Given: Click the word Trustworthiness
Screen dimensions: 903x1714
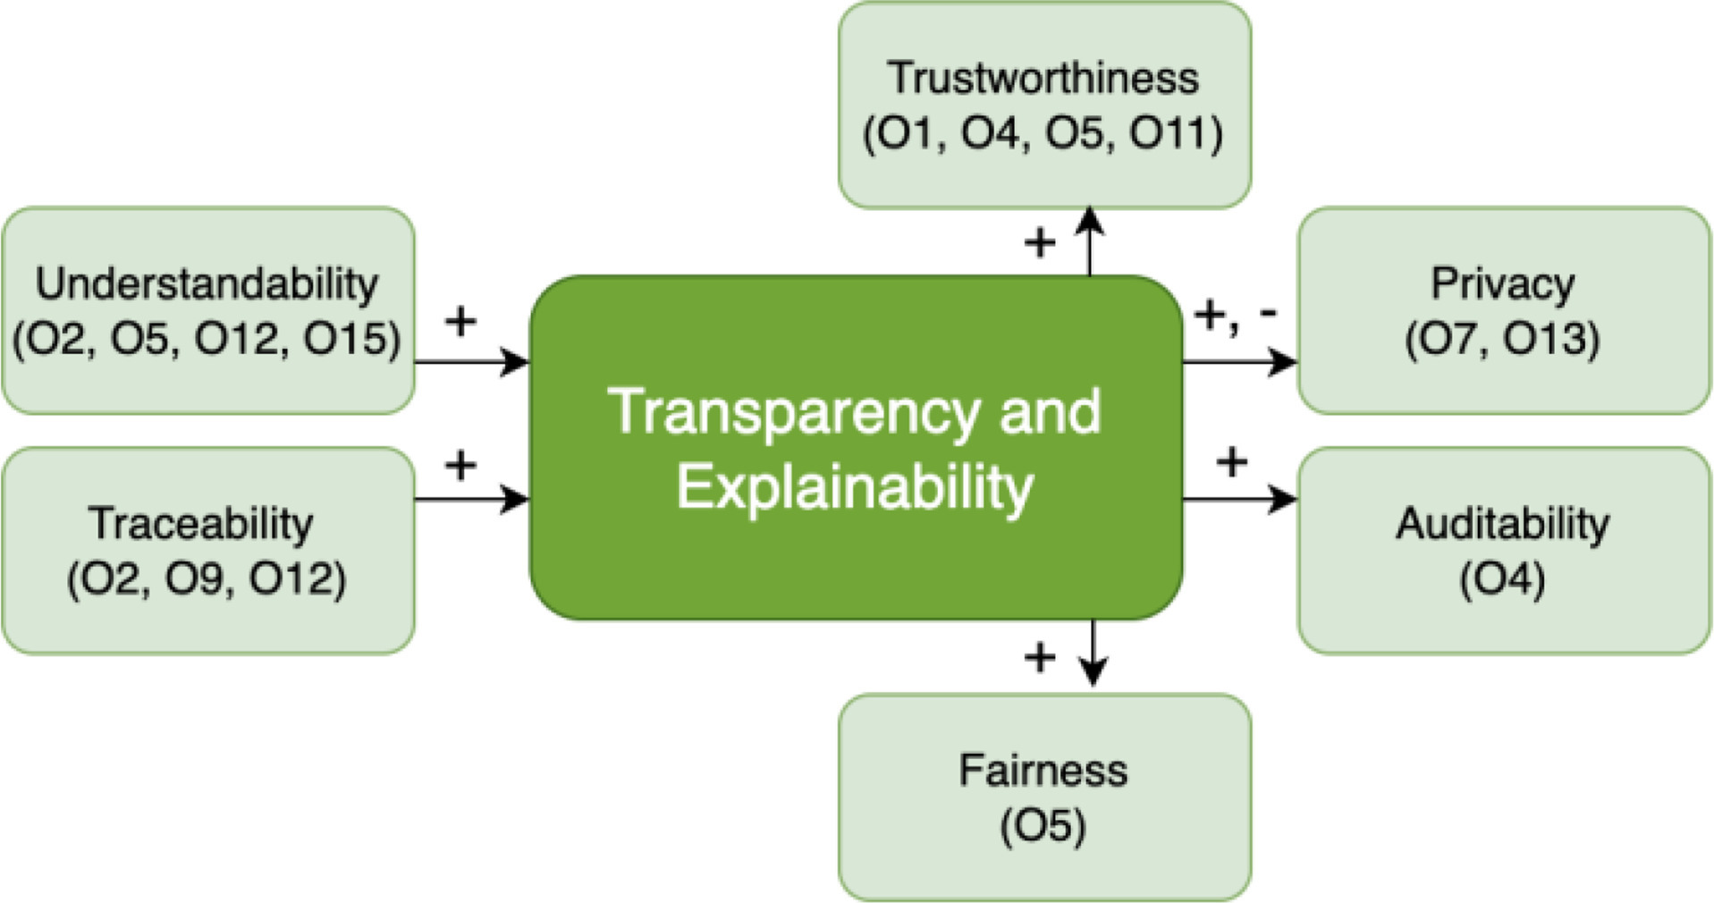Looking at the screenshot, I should pos(1043,78).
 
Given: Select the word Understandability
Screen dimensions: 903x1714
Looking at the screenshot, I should pos(207,284).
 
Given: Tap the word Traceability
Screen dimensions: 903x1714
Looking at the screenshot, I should pos(201,524).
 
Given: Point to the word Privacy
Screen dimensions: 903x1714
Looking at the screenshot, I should pos(1502,284).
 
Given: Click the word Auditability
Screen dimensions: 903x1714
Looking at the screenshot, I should pos(1502,524).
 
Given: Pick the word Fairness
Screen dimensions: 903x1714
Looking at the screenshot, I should pos(1043,771).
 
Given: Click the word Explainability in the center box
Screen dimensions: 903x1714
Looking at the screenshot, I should pos(855,487).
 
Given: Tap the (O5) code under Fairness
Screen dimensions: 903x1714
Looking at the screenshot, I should pos(1043,825).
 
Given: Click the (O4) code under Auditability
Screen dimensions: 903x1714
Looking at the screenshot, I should pos(1502,578).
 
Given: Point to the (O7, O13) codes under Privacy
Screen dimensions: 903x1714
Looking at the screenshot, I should pos(1502,339).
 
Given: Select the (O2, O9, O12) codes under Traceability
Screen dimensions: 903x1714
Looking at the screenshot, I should pos(207,578).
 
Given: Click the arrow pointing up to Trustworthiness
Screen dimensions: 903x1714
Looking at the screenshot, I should pos(1090,241).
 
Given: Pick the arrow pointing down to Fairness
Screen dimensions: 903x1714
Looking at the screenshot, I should pos(1093,653).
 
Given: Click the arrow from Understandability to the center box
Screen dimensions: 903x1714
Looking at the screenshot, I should pos(472,362).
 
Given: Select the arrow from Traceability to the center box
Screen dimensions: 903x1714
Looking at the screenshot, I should pos(472,499).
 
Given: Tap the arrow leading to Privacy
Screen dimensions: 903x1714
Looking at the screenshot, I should pos(1239,362).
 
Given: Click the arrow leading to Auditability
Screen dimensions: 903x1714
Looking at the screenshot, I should pos(1239,499).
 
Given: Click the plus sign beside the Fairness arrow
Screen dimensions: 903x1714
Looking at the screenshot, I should pos(1040,658).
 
